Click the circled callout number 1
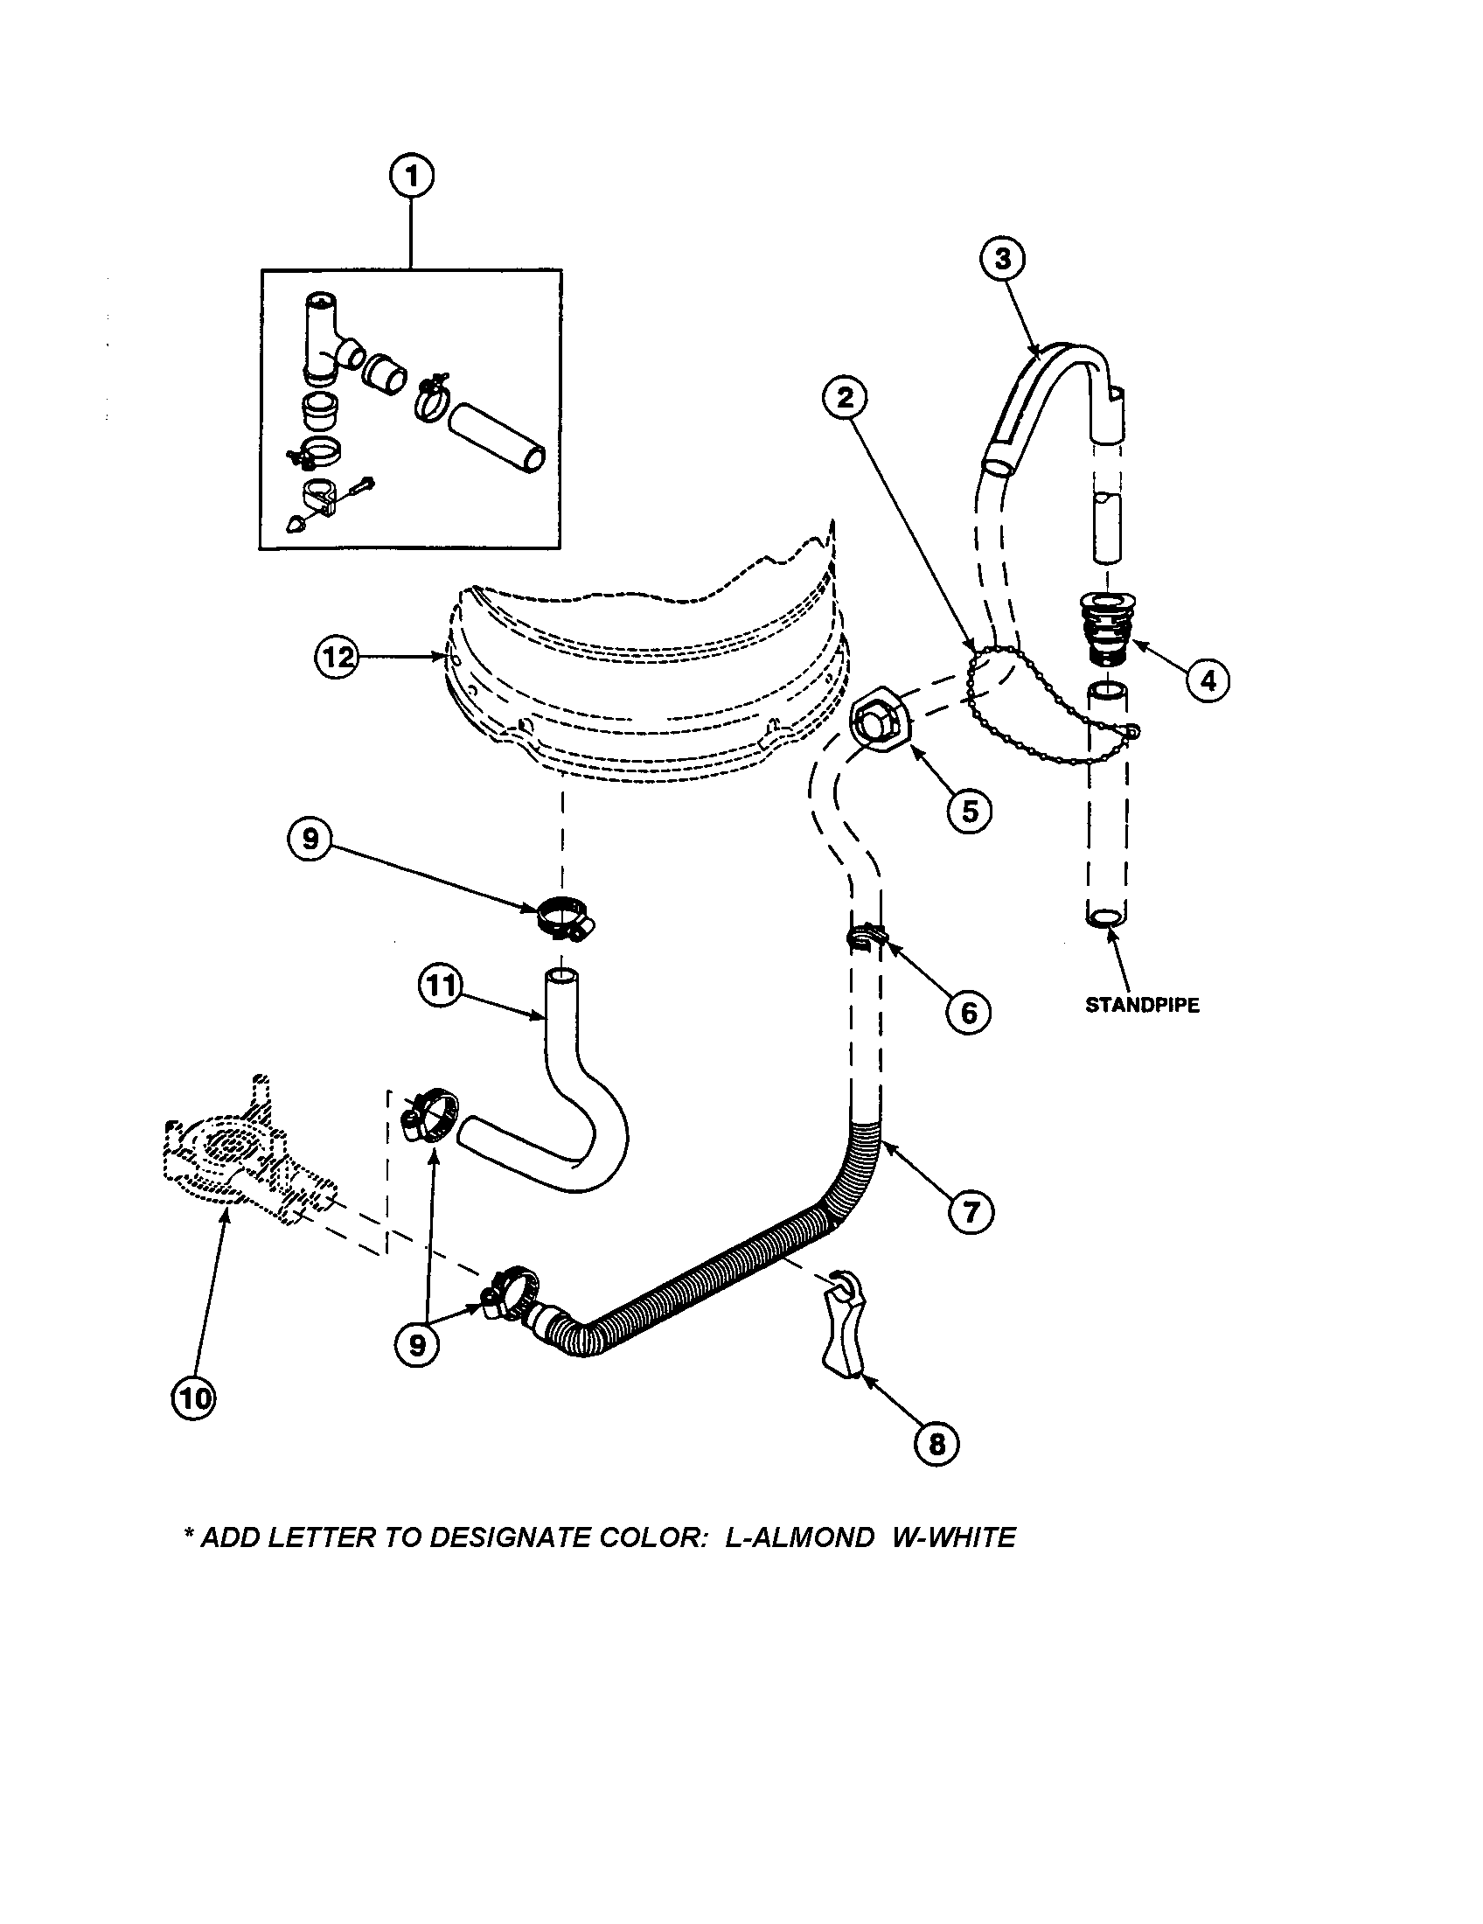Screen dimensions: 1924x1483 tap(411, 176)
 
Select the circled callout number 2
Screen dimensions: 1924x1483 tap(845, 398)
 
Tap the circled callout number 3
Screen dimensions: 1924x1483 tap(1001, 259)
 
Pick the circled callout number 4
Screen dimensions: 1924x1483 tap(1208, 680)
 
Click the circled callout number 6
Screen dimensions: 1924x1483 tap(968, 1012)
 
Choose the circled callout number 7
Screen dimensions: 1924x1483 tap(971, 1213)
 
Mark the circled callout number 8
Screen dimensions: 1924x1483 tap(936, 1443)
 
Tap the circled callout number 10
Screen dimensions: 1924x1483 tap(193, 1398)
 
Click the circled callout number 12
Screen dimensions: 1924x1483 tap(338, 656)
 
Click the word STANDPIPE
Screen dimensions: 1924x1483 tap(1141, 1005)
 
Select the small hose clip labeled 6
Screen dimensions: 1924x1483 tap(863, 939)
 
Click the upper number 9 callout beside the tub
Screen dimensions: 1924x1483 tap(310, 839)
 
